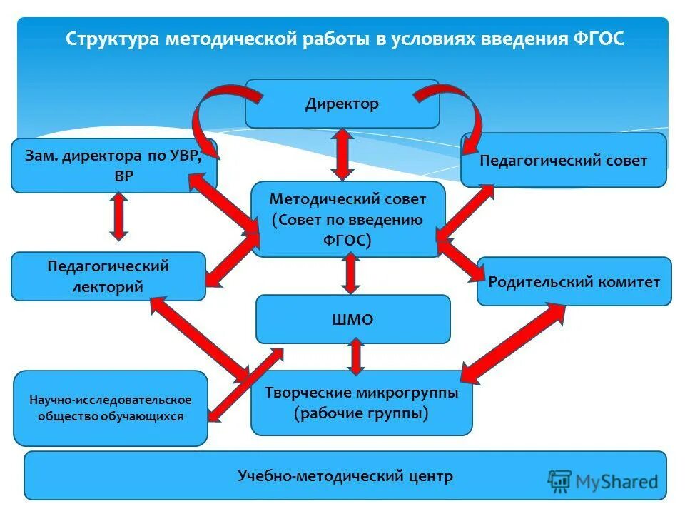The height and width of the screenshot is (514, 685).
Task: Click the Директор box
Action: (342, 104)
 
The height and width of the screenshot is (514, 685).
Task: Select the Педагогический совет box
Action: (563, 161)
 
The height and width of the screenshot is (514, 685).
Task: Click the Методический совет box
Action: (347, 220)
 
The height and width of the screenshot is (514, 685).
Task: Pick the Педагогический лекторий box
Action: (107, 276)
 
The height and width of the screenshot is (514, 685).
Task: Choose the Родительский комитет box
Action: (574, 281)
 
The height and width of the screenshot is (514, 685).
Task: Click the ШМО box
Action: (353, 319)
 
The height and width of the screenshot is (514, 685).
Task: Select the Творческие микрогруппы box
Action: (361, 403)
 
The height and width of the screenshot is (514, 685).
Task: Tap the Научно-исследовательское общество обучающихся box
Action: (111, 408)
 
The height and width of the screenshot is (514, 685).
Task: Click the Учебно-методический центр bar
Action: (345, 475)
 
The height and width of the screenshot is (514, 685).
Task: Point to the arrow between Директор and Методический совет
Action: (342, 154)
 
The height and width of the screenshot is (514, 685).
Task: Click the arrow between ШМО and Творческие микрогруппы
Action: (355, 356)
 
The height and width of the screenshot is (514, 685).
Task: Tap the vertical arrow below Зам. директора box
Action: (119, 216)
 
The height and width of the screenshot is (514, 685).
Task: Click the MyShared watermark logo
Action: (603, 481)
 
